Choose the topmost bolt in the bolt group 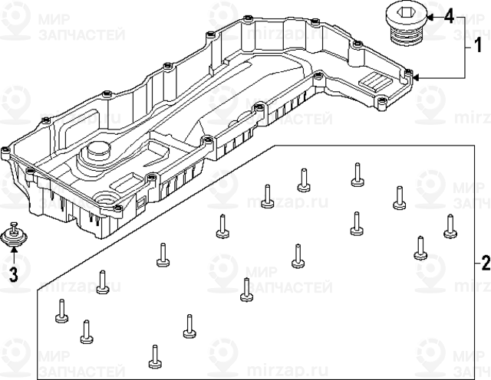pos(357,174)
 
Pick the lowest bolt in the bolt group pos(154,355)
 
